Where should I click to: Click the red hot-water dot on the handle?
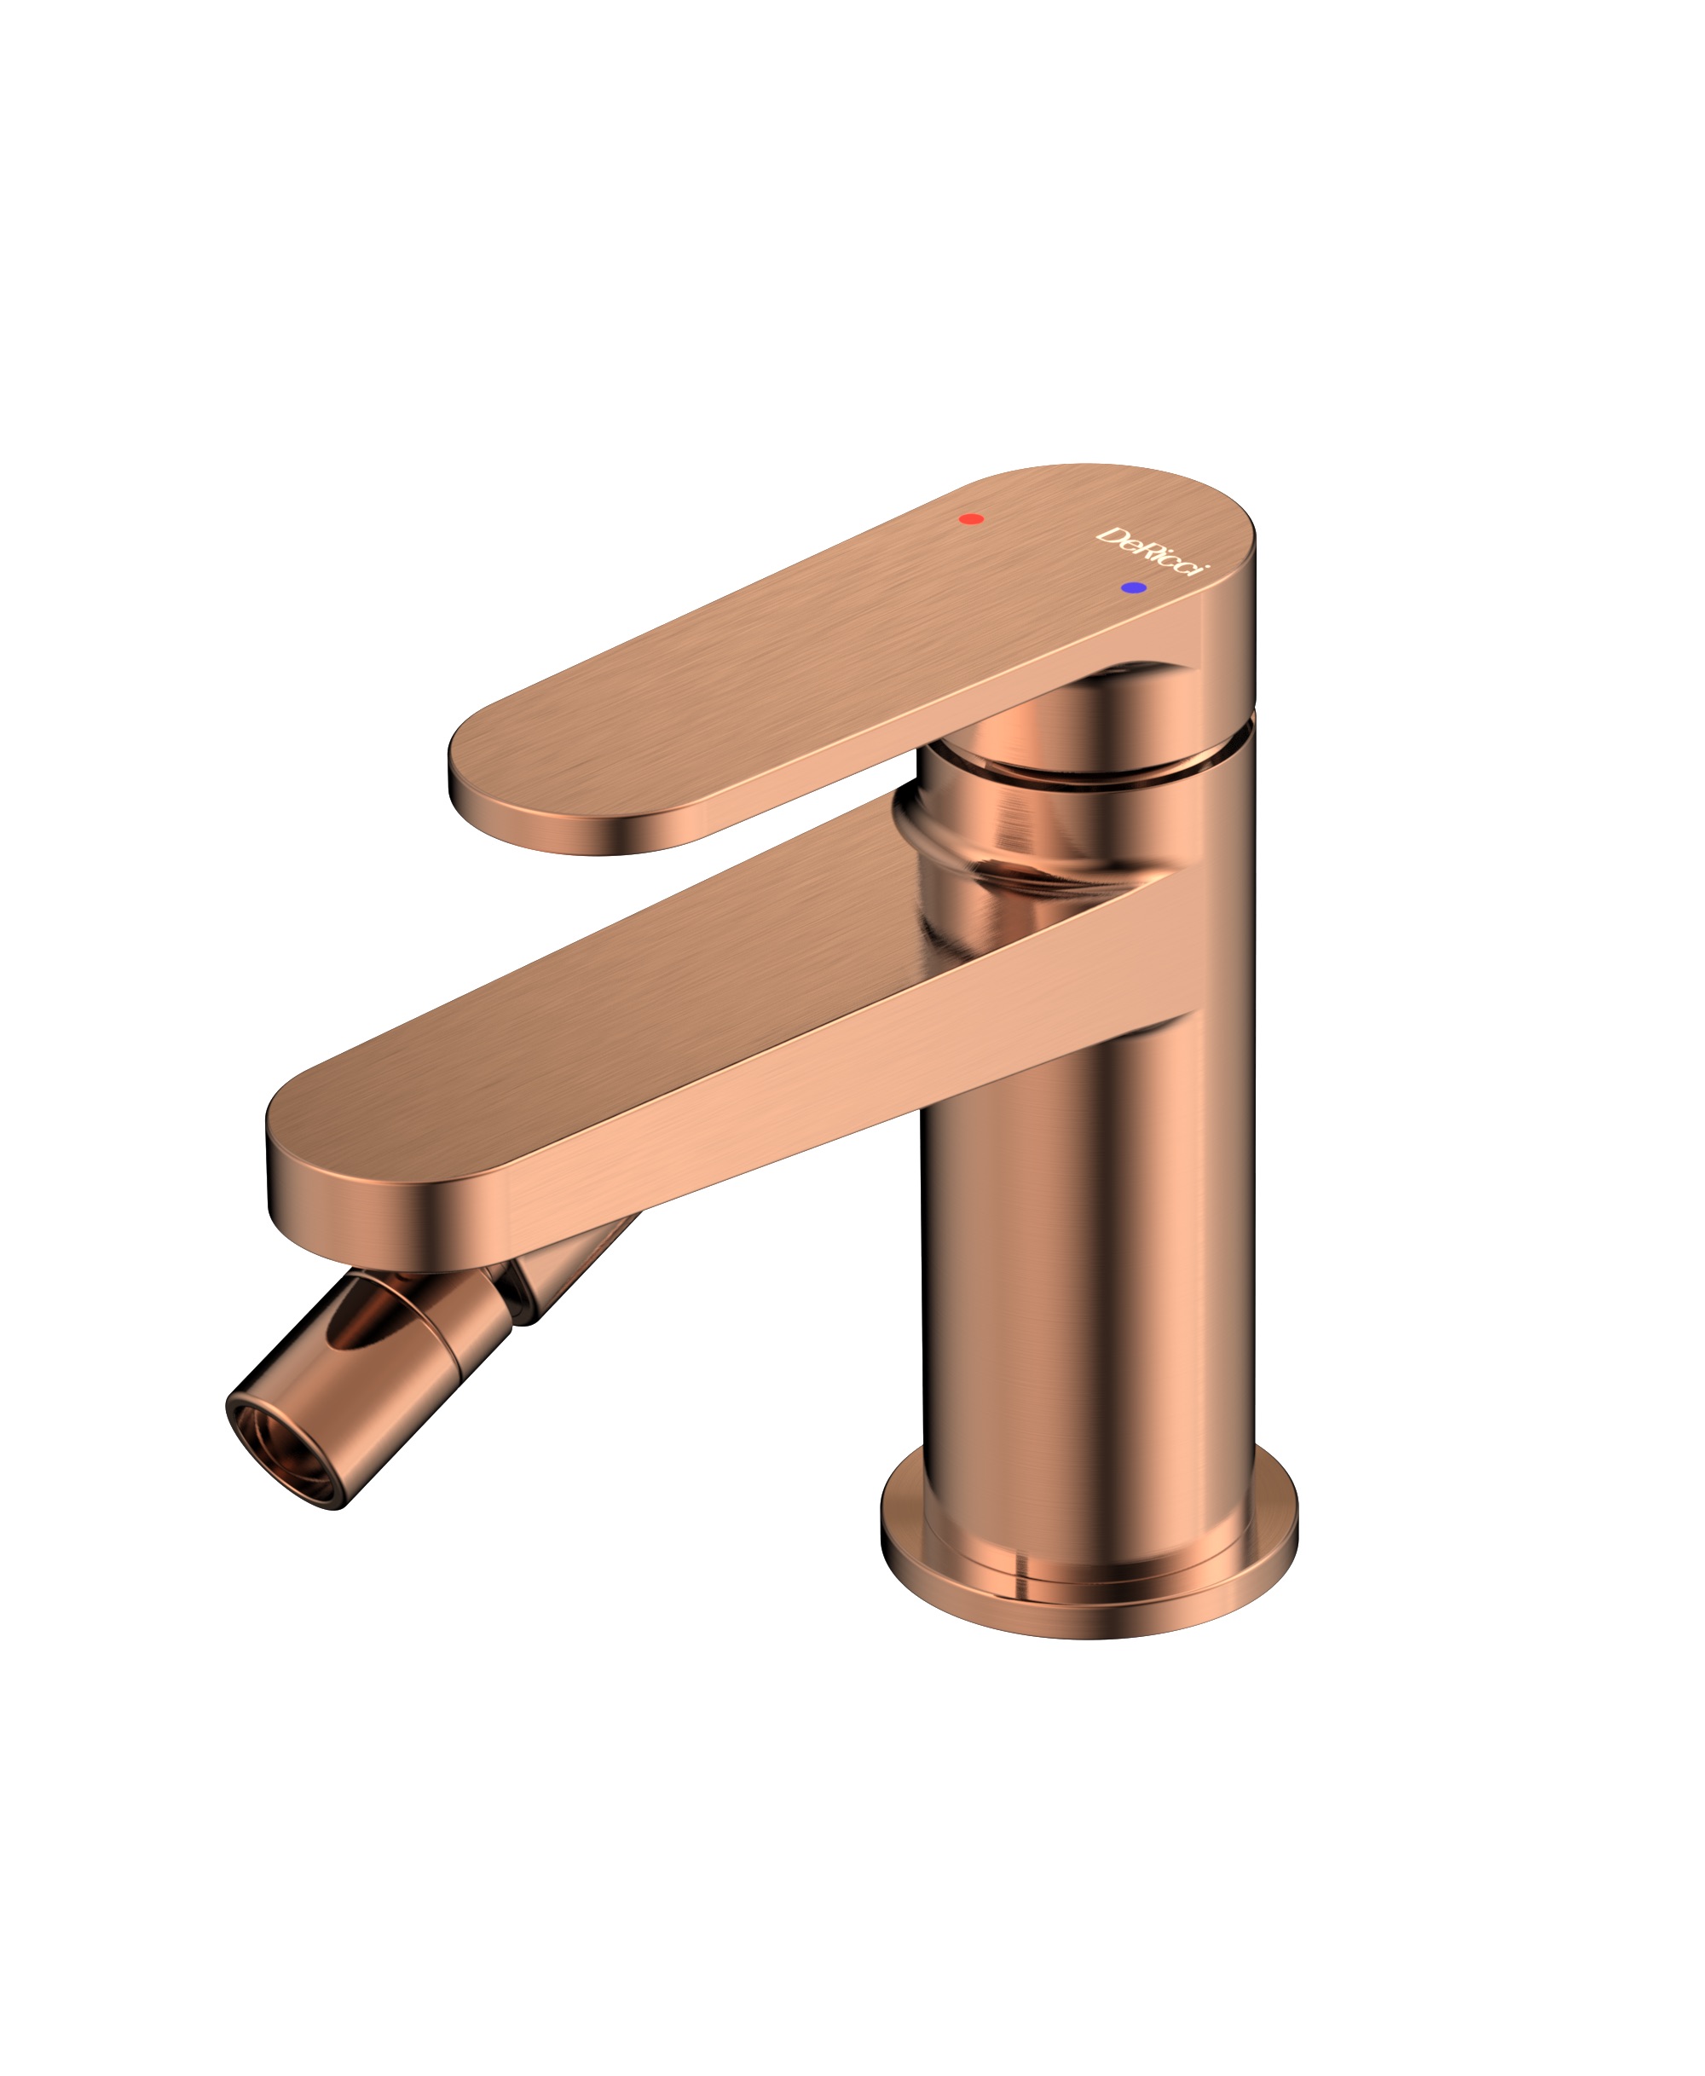[x=970, y=518]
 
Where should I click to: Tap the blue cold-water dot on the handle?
[x=1133, y=587]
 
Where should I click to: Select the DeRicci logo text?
[x=1153, y=551]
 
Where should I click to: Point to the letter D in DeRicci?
[x=1111, y=536]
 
